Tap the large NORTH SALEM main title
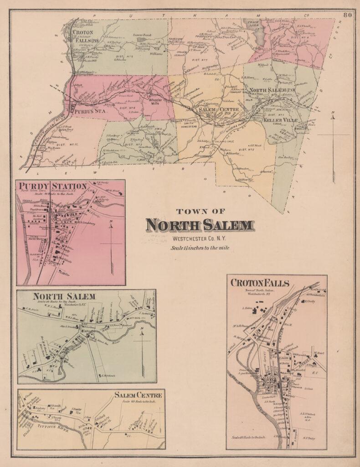point(200,225)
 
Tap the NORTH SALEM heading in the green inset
point(64,296)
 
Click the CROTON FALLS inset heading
point(260,283)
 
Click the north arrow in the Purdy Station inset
point(111,237)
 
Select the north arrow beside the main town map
point(334,137)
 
